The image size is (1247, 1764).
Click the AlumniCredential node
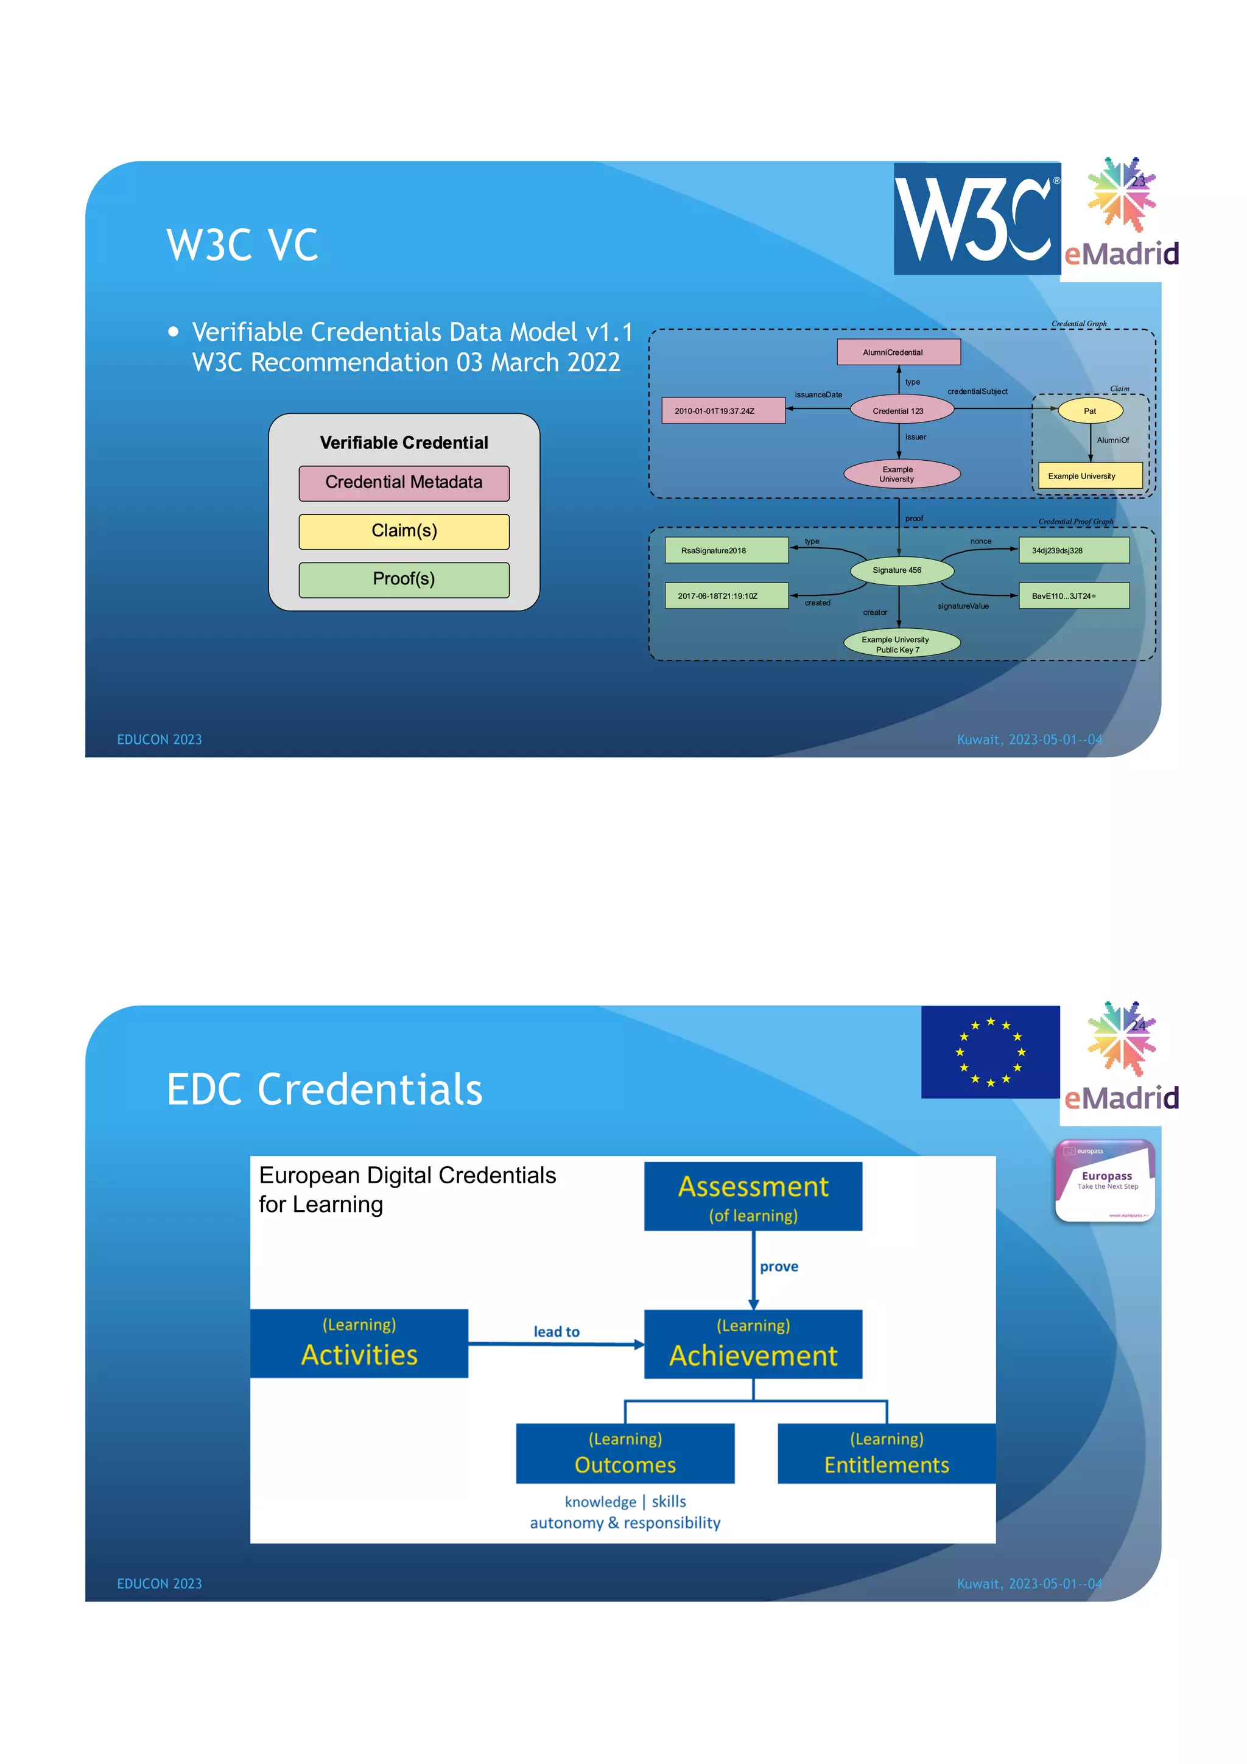click(898, 352)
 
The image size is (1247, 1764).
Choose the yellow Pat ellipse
click(1089, 411)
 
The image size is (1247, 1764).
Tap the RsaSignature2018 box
click(726, 550)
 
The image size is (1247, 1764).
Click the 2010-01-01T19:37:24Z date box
click(723, 410)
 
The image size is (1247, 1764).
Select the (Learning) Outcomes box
click(625, 1454)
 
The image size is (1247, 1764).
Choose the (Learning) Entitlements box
click(886, 1454)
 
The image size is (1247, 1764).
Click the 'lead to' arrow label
click(557, 1331)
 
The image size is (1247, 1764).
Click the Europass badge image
click(1105, 1181)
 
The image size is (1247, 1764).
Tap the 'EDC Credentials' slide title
click(325, 1090)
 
